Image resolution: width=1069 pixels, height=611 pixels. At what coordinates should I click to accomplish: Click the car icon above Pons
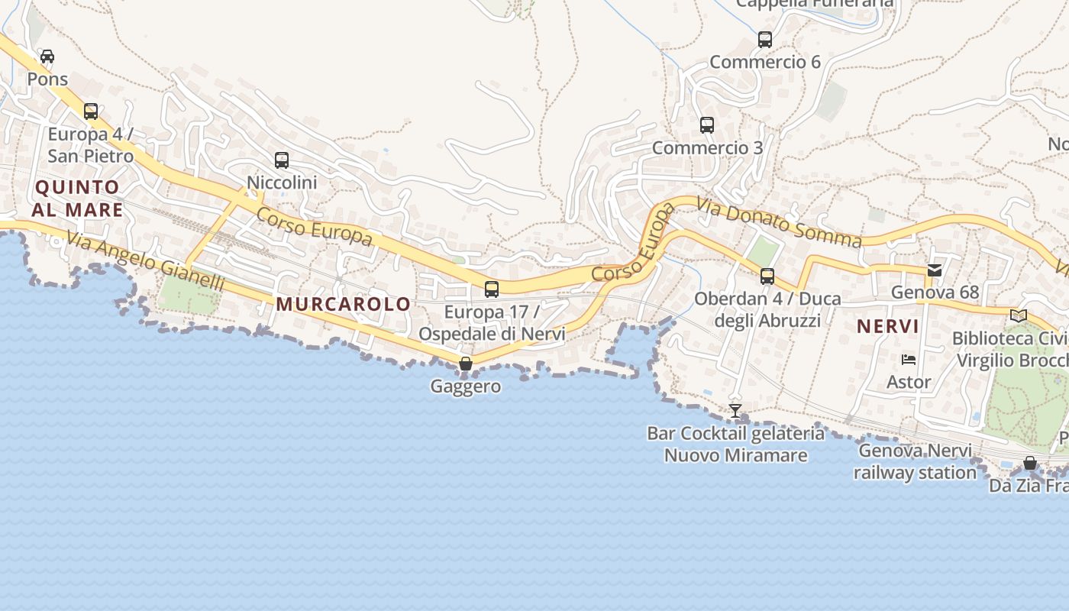click(47, 57)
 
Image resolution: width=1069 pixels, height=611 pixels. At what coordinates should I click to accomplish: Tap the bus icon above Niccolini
click(282, 160)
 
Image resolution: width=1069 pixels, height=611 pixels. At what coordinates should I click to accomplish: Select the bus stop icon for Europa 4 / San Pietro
click(91, 112)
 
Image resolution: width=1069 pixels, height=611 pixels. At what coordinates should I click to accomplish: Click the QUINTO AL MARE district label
click(78, 199)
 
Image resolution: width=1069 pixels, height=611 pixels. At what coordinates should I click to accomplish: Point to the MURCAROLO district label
click(344, 304)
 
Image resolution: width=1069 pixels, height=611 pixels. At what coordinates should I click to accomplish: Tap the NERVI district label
click(887, 327)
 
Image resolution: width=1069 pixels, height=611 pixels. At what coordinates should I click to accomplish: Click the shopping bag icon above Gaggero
click(466, 364)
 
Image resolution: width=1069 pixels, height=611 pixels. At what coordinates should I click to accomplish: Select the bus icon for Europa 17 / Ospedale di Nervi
click(492, 289)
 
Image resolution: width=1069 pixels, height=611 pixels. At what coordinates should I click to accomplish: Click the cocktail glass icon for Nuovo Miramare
click(735, 411)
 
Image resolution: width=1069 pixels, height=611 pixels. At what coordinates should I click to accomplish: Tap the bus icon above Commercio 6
click(765, 40)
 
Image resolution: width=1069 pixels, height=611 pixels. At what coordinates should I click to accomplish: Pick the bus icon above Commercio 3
click(707, 125)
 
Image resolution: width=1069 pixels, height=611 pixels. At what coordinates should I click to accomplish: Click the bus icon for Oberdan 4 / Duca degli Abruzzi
click(767, 276)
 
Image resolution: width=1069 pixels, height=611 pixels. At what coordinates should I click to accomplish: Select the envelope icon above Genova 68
click(935, 270)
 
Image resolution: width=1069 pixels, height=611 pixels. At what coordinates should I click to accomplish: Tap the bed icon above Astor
click(909, 360)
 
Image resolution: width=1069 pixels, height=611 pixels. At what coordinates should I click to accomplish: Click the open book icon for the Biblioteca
click(1019, 315)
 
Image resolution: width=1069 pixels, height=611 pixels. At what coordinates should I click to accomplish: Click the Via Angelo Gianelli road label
click(145, 261)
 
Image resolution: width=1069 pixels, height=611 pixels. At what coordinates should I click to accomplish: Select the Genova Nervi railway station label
click(915, 461)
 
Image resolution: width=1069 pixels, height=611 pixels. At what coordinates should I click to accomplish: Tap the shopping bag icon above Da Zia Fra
click(1030, 463)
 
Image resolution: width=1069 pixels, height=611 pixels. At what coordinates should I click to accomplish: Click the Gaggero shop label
click(466, 386)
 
